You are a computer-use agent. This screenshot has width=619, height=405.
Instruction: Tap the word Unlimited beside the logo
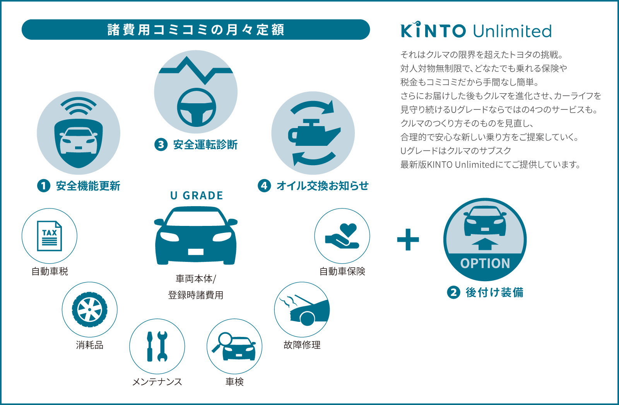click(x=512, y=31)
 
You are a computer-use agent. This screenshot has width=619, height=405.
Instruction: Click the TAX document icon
click(x=50, y=236)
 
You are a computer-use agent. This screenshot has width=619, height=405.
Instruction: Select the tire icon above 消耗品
click(x=89, y=309)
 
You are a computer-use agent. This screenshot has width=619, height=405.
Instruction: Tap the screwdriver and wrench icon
click(x=157, y=347)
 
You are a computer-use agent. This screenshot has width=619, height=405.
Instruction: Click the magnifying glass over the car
click(x=223, y=342)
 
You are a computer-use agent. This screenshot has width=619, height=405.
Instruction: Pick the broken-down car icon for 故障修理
click(x=305, y=310)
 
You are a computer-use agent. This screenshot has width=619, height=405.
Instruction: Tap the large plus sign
click(x=408, y=239)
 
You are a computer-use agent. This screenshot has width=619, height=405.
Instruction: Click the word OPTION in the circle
click(x=485, y=263)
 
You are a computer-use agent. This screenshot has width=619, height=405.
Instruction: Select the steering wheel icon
click(x=197, y=107)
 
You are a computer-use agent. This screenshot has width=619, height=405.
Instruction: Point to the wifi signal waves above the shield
click(x=79, y=106)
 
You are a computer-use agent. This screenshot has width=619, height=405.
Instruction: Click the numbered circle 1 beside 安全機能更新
click(x=44, y=186)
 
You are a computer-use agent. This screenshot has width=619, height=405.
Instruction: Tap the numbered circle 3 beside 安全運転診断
click(x=161, y=145)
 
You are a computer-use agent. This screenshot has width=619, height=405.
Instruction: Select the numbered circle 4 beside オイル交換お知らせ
click(x=264, y=186)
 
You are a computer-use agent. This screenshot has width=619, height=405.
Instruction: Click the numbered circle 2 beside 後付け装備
click(x=453, y=292)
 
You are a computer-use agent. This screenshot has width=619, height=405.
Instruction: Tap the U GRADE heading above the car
click(x=197, y=196)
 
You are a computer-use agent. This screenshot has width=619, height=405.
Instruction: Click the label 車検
click(x=234, y=381)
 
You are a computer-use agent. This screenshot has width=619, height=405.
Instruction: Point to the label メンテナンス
click(x=157, y=382)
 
